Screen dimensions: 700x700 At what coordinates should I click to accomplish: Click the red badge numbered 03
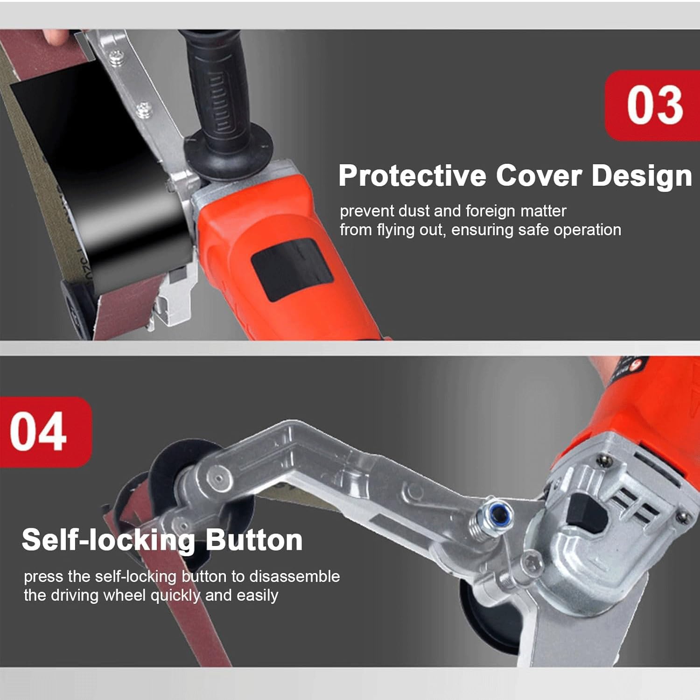click(x=652, y=105)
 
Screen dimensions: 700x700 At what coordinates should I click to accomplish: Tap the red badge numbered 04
click(x=46, y=432)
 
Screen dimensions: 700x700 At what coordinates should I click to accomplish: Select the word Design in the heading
click(x=642, y=176)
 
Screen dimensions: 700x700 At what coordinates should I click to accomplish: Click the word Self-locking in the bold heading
click(x=108, y=541)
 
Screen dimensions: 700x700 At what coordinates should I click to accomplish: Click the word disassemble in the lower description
click(x=294, y=576)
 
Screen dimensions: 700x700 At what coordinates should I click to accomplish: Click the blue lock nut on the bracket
click(x=501, y=514)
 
